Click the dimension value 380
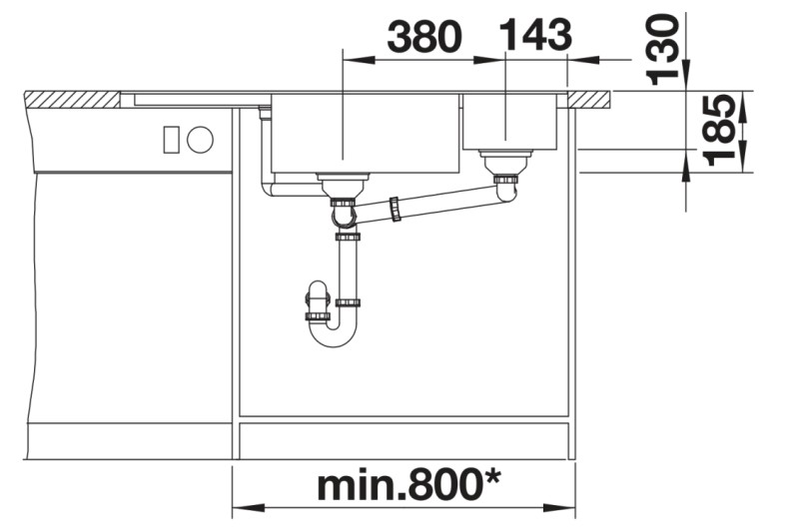click(424, 37)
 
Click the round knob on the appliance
click(200, 140)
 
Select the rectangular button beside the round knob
click(171, 140)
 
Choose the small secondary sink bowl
click(509, 121)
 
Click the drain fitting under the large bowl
click(343, 182)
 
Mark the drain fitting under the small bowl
click(505, 160)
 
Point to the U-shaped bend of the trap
click(333, 335)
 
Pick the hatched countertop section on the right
click(590, 99)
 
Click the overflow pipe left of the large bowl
click(265, 150)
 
